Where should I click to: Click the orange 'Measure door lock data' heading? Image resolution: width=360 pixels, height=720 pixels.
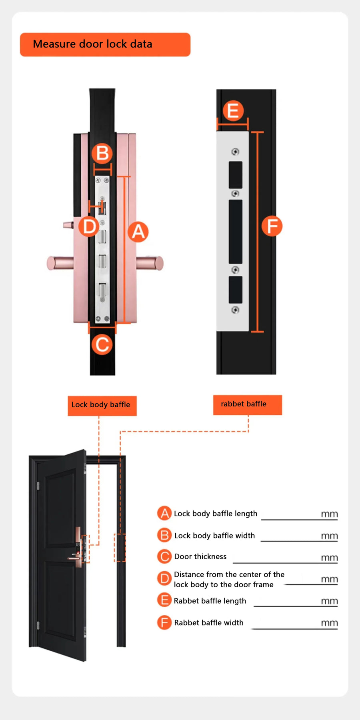click(x=105, y=44)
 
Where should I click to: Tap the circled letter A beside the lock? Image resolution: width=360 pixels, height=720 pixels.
click(x=138, y=232)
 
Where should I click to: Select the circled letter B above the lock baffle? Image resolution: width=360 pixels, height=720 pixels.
click(x=102, y=153)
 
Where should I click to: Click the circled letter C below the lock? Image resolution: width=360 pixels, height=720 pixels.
click(x=102, y=344)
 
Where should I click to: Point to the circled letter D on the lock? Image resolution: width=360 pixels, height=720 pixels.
click(x=89, y=227)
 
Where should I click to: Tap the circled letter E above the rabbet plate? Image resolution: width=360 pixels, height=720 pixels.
click(x=233, y=111)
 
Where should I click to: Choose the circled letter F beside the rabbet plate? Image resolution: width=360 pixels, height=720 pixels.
click(x=272, y=226)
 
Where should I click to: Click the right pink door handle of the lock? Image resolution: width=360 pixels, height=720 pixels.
click(x=150, y=263)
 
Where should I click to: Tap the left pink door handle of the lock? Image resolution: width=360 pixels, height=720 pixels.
click(x=59, y=263)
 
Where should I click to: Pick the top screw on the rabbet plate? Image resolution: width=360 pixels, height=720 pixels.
click(x=235, y=152)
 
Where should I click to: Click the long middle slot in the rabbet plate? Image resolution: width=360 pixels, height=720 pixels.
click(x=236, y=232)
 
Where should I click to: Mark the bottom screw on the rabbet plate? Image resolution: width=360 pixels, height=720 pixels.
click(x=235, y=310)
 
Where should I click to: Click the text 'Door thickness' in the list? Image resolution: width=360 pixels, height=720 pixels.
click(x=200, y=556)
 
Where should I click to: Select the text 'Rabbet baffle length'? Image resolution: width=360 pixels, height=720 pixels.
click(x=210, y=601)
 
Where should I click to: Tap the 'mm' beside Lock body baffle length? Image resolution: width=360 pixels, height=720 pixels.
click(x=329, y=514)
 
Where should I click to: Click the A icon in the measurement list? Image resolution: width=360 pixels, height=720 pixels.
click(x=164, y=513)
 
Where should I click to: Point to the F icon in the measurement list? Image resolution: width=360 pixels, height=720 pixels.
click(x=164, y=622)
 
